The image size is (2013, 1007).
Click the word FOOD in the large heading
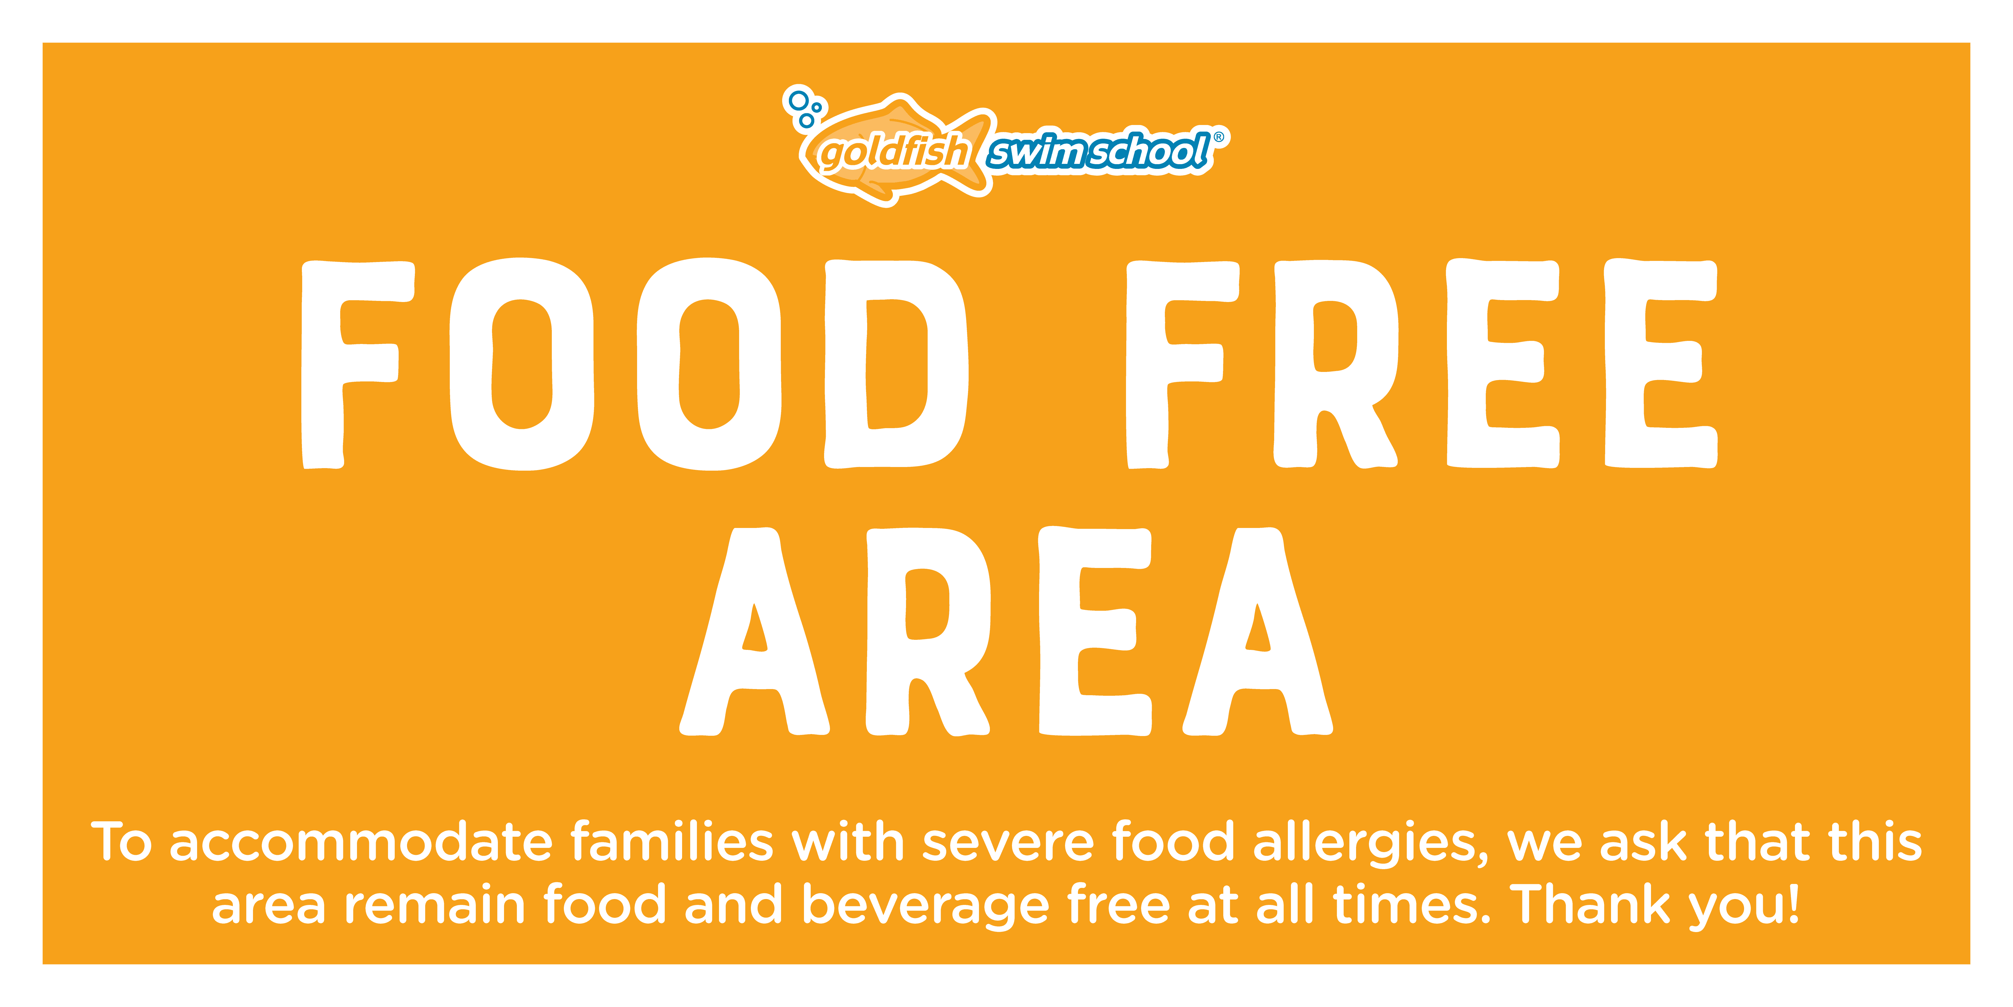click(x=635, y=364)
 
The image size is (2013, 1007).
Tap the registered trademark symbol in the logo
click(x=1219, y=137)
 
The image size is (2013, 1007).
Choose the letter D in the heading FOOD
click(x=896, y=364)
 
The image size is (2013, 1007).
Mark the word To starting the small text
click(x=121, y=842)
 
